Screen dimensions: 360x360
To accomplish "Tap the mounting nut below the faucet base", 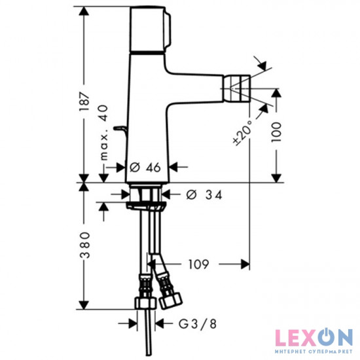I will (145, 195).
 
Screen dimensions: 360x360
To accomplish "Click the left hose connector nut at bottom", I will (141, 304).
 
